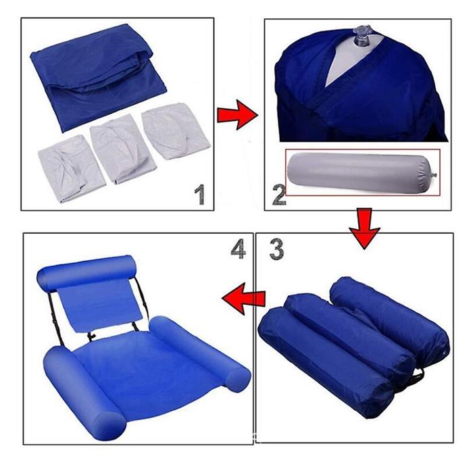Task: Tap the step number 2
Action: [x=278, y=195]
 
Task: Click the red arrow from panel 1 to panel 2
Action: [x=236, y=114]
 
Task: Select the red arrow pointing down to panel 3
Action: [x=364, y=226]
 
